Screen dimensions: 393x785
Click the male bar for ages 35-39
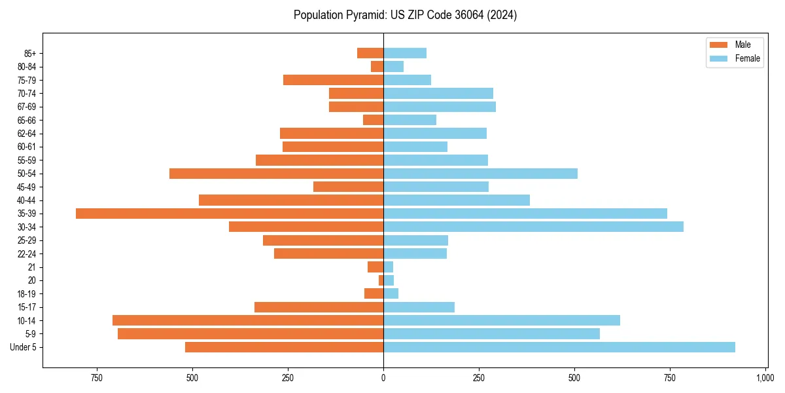click(x=229, y=214)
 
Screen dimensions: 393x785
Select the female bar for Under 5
click(x=559, y=347)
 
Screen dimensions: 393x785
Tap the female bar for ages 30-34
click(x=533, y=227)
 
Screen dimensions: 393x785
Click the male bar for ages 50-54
click(x=276, y=174)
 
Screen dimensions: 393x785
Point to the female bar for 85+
click(x=405, y=53)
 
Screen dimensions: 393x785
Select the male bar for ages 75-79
click(x=333, y=80)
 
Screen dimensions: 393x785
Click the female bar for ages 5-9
click(x=491, y=334)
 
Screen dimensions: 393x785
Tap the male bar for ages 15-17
click(x=319, y=307)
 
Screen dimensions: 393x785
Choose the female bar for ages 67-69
click(x=440, y=107)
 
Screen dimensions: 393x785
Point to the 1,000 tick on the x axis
click(x=765, y=378)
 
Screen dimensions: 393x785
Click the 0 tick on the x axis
click(x=383, y=378)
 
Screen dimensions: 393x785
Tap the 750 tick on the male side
click(x=97, y=378)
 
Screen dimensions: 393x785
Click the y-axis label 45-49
click(x=27, y=187)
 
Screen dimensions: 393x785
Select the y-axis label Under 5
click(x=23, y=347)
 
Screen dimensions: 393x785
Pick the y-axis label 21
click(x=32, y=267)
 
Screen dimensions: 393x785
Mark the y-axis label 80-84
click(x=27, y=67)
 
